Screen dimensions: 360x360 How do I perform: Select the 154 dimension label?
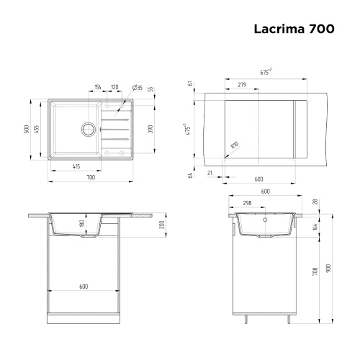(98, 87)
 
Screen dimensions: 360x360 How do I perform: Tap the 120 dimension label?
(114, 87)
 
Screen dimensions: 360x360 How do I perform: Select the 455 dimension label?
(37, 130)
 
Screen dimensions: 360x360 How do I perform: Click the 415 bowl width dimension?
(76, 166)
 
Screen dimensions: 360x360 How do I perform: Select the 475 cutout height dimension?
(189, 130)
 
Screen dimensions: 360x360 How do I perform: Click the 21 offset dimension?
(209, 173)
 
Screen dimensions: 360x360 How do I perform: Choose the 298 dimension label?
(247, 202)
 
